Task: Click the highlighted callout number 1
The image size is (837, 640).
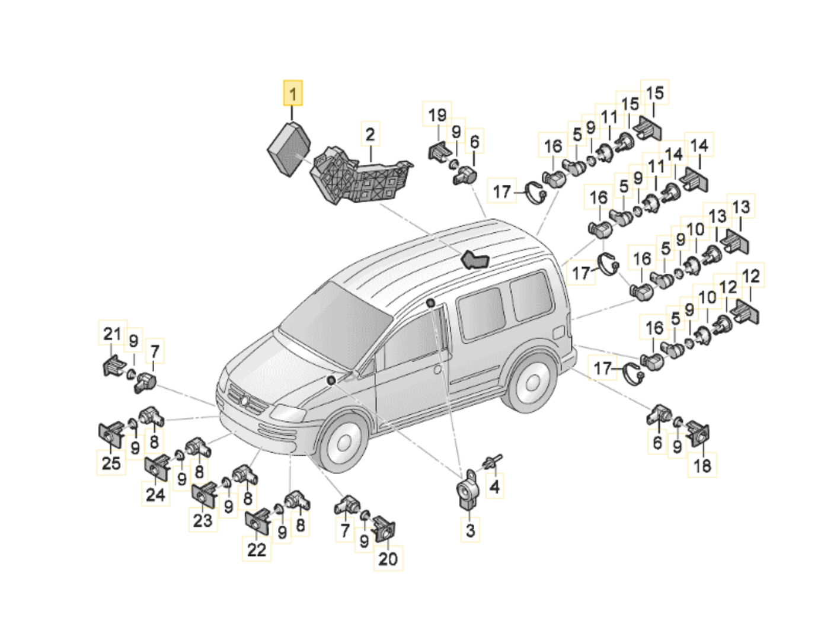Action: (x=292, y=93)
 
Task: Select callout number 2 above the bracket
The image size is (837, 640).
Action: (x=370, y=134)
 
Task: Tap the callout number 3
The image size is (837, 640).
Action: (x=470, y=529)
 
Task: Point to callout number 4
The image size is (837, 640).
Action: (x=494, y=485)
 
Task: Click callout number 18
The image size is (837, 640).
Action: (x=702, y=465)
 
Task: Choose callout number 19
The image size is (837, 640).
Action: (x=437, y=114)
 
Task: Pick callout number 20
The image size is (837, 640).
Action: (x=388, y=558)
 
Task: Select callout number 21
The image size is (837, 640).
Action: (x=113, y=332)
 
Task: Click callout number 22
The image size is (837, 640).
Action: (x=257, y=549)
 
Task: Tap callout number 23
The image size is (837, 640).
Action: (x=203, y=520)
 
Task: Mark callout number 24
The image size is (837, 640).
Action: (x=156, y=494)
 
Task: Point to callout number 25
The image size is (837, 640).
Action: (x=111, y=462)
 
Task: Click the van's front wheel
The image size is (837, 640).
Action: (x=343, y=442)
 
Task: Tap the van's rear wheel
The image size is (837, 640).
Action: (x=532, y=382)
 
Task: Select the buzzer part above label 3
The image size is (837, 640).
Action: (x=468, y=491)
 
